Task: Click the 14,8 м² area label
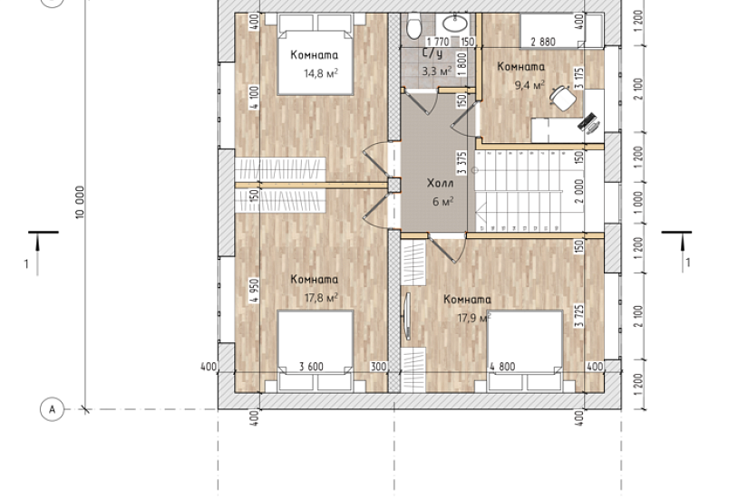(321, 73)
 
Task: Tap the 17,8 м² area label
(321, 298)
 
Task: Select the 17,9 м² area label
(474, 318)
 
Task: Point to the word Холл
(440, 184)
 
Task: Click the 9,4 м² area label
(529, 85)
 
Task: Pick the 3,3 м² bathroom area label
(436, 72)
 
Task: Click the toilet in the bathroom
(414, 25)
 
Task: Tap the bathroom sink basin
(455, 23)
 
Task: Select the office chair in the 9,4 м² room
(563, 97)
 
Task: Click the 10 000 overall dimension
(80, 202)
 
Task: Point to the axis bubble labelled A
(52, 409)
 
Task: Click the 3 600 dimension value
(311, 367)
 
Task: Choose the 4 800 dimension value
(502, 367)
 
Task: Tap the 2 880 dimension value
(543, 42)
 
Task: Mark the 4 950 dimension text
(254, 291)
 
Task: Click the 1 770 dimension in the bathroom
(438, 42)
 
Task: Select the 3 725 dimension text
(579, 316)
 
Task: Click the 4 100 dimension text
(254, 97)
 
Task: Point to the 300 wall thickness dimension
(378, 367)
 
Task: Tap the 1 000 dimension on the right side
(638, 203)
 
